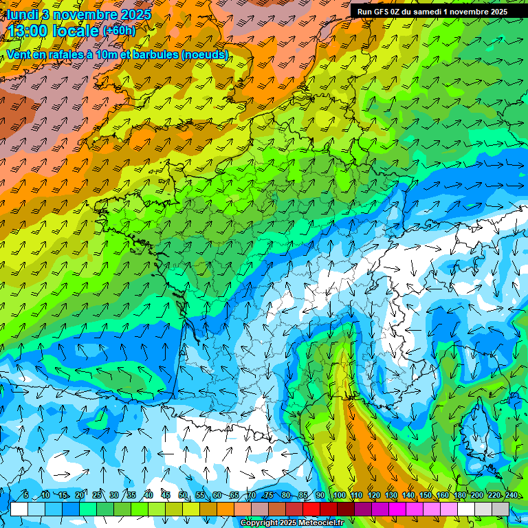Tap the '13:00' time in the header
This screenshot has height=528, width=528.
pos(29,30)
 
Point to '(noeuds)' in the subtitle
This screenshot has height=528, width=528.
pos(205,54)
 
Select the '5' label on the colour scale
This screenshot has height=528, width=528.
pos(26,496)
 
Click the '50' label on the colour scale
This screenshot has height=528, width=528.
pos(182,496)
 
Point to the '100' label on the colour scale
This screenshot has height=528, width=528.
pos(340,496)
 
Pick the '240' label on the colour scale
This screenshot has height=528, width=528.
pos(511,496)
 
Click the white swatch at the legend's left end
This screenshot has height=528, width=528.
pos(19,509)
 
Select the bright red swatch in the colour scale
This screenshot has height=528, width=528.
pos(311,509)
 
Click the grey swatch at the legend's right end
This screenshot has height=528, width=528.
pos(500,509)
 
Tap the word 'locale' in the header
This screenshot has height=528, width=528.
pos(75,30)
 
